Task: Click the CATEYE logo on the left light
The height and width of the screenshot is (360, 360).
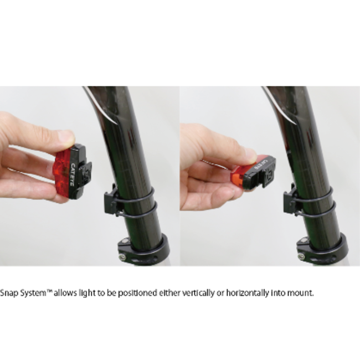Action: click(x=72, y=174)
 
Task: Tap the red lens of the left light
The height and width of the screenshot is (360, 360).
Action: click(x=61, y=172)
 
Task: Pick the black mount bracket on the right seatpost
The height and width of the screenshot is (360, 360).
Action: click(x=290, y=200)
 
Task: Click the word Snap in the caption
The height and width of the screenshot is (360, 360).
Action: click(x=9, y=293)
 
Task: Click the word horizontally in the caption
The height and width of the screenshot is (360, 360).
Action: click(x=247, y=293)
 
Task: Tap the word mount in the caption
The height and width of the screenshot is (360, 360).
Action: click(x=301, y=293)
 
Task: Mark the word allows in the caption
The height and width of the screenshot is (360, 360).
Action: click(x=65, y=293)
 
